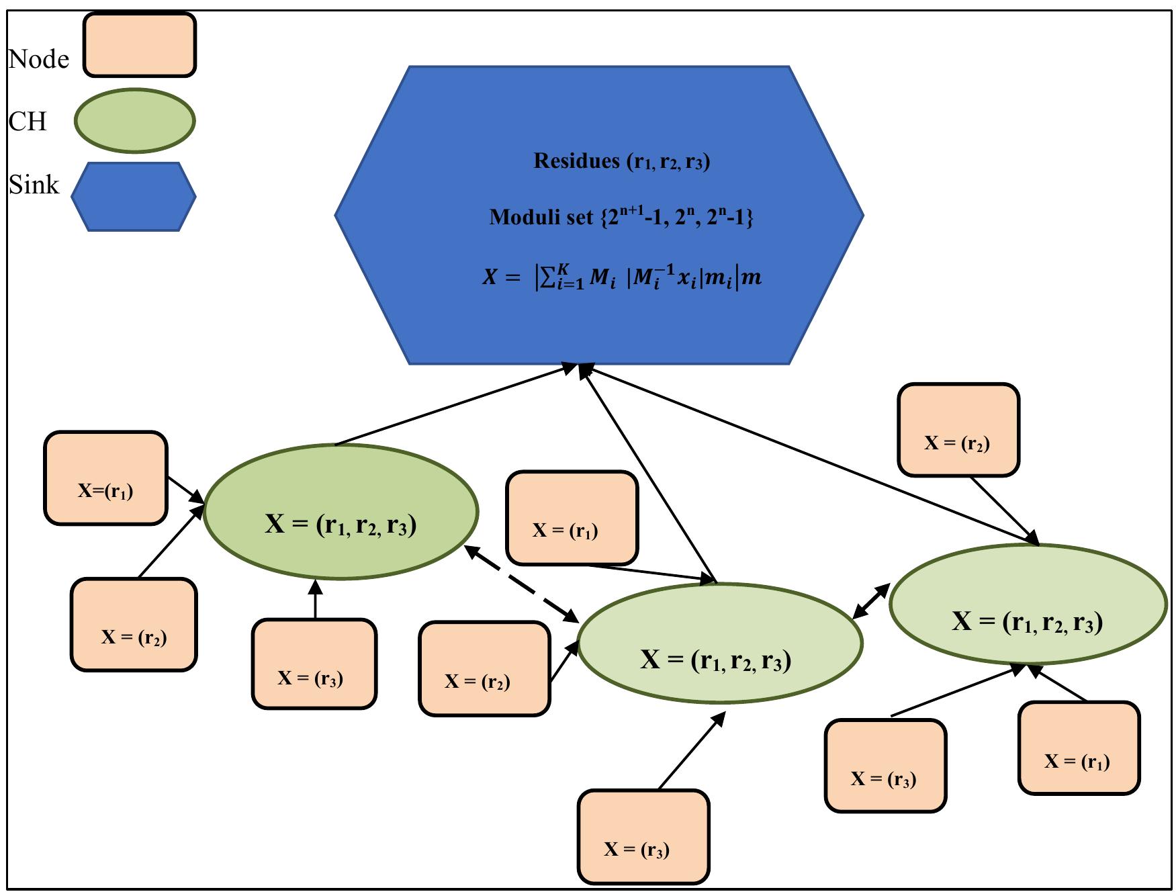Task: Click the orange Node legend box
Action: click(139, 45)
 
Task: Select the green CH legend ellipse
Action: click(134, 120)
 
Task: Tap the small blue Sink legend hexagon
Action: click(134, 197)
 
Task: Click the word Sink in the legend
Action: click(34, 184)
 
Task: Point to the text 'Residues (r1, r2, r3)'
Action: click(621, 161)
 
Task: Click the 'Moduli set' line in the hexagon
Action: click(621, 216)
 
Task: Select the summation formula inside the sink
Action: click(621, 277)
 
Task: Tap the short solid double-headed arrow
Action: click(871, 601)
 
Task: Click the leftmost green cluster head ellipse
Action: click(341, 511)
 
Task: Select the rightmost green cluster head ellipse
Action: click(1028, 604)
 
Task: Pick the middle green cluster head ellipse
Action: click(719, 643)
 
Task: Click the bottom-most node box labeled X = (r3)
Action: click(643, 836)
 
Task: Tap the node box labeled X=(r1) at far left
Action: click(105, 478)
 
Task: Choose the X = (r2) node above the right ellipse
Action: click(958, 430)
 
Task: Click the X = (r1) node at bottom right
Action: click(1078, 748)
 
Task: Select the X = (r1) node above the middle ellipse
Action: click(571, 517)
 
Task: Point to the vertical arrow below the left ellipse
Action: click(315, 599)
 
